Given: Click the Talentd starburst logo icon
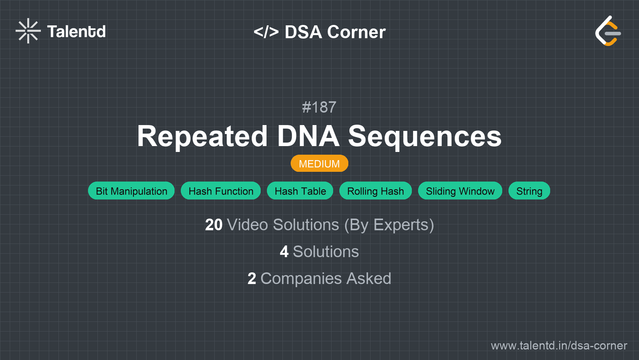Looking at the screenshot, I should click(x=28, y=31).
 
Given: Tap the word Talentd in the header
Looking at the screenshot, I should click(x=76, y=32).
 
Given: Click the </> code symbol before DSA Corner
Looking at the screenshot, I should click(x=266, y=32).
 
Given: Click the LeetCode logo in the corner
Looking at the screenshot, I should click(x=608, y=31).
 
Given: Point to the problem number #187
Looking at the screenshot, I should click(x=319, y=107).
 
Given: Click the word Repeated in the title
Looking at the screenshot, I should click(x=202, y=136).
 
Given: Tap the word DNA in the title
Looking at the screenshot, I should click(x=308, y=136).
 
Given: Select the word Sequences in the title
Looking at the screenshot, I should click(x=425, y=136).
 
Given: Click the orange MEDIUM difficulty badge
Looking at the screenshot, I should click(x=319, y=164).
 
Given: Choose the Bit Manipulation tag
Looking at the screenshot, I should click(x=131, y=191).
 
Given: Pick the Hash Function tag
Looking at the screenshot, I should click(x=221, y=191).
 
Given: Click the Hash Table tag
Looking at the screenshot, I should click(x=300, y=191).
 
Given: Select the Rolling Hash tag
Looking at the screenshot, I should click(x=375, y=191).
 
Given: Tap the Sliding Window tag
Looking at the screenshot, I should click(x=460, y=191).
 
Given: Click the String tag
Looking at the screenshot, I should click(x=529, y=191).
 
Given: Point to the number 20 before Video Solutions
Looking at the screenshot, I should click(x=214, y=225).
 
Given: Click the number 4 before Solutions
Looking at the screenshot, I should click(x=284, y=252).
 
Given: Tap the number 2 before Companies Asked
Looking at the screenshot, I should click(x=252, y=279).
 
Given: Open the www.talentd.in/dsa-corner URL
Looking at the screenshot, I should click(x=559, y=346).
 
